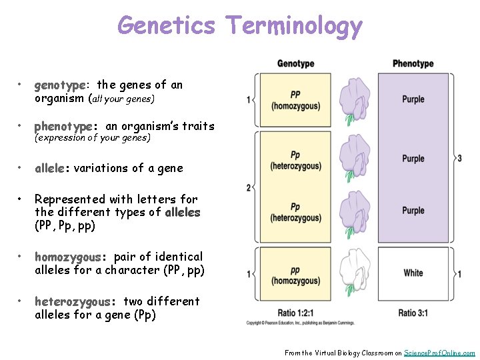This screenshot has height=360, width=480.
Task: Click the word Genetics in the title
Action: point(166,26)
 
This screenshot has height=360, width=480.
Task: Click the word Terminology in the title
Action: point(294,26)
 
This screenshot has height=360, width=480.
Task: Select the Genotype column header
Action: point(295,64)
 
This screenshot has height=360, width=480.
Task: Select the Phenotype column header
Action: point(413,64)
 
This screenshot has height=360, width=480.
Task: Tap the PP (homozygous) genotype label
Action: point(295,101)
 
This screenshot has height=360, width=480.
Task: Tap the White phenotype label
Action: point(413,273)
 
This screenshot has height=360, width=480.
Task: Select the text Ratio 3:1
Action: point(417,313)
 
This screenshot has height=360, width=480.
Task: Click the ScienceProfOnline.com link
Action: point(439,353)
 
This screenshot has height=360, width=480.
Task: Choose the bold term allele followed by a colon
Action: point(52,168)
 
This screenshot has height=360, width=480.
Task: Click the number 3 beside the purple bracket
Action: point(459,158)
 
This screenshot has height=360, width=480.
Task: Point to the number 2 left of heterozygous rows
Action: point(249,188)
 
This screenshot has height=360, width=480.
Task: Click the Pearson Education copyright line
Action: point(300,323)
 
